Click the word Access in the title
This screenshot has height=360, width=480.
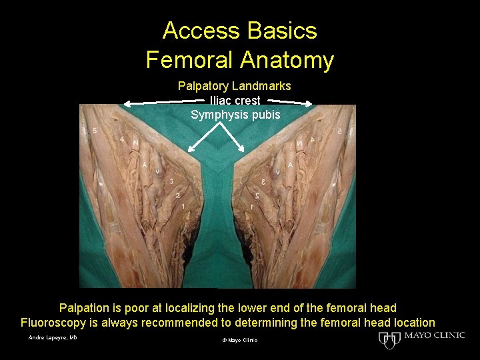click(201, 31)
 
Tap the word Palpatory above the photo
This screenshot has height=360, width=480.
click(203, 86)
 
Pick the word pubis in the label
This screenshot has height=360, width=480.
click(266, 115)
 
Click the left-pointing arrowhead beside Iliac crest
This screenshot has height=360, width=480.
click(127, 103)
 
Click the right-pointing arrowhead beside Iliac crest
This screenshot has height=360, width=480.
click(309, 103)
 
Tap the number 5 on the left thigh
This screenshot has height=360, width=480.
click(95, 131)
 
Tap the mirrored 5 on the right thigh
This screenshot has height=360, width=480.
click(339, 131)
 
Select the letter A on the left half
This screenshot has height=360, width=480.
click(145, 165)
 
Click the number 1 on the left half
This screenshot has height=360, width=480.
click(182, 207)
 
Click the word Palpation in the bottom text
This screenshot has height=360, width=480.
click(87, 308)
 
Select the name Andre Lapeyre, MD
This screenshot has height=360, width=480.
click(53, 338)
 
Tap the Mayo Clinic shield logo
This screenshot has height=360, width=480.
click(388, 340)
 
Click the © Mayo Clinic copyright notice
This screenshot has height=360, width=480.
click(239, 341)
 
